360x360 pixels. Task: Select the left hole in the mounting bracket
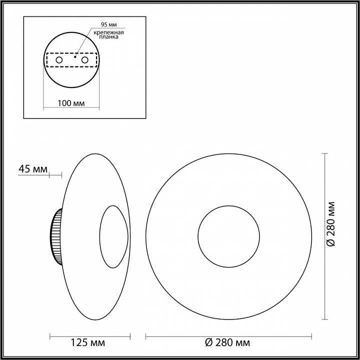coord(59,60)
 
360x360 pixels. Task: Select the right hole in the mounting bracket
coord(84,60)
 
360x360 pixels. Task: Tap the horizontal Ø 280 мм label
coord(228,342)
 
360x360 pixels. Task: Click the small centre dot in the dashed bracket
coord(74,57)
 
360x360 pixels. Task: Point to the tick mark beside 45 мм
coord(61,175)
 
